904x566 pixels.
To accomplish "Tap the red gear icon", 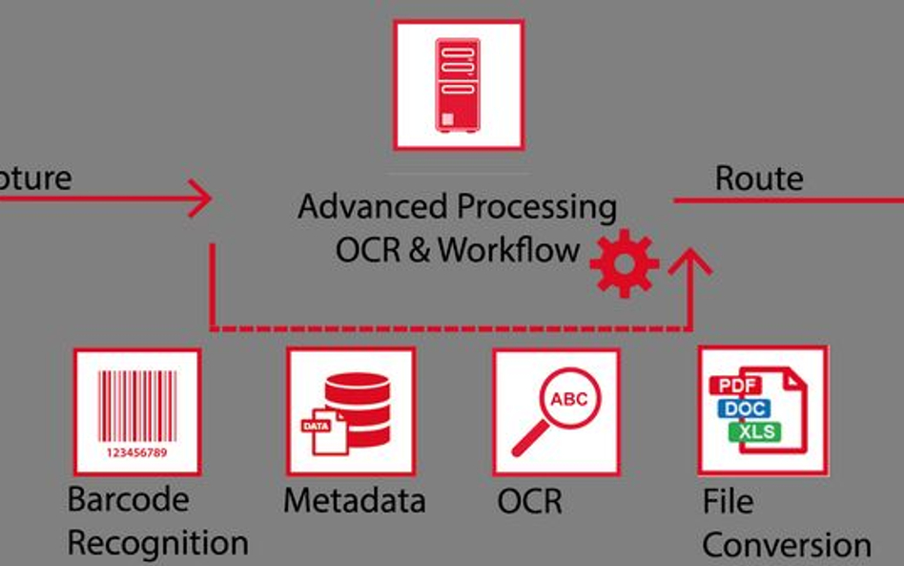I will tap(624, 262).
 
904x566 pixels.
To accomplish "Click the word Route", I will tap(758, 178).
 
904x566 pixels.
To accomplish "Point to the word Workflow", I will tap(509, 250).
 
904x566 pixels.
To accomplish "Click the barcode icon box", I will tap(136, 411).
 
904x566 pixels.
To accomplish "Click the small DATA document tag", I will tap(315, 426).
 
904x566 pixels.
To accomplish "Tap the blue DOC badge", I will tap(745, 409).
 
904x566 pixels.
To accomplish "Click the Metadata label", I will tap(354, 500).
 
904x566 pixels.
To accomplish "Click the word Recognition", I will tap(157, 543).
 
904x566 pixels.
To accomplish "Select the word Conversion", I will tap(786, 545).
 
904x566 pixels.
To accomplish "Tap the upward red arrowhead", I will tap(690, 261).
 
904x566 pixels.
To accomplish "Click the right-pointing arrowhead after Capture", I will tap(201, 199).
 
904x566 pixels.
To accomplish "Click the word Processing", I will tap(536, 207).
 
